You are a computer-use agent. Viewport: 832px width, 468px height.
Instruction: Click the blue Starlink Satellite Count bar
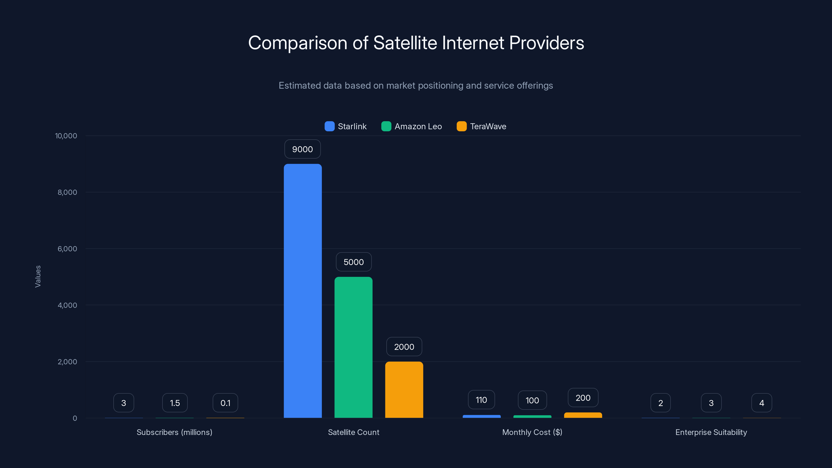tap(303, 291)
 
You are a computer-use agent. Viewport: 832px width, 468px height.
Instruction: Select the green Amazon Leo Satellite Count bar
tap(353, 347)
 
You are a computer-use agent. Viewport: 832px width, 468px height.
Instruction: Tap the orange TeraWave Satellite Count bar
tap(404, 389)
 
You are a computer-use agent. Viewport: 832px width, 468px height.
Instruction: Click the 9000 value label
tap(302, 149)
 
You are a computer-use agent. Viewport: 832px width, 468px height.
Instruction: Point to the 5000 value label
tap(354, 262)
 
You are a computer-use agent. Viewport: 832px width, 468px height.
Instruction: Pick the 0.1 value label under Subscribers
tap(225, 403)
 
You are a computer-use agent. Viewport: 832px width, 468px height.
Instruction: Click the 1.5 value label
tap(175, 403)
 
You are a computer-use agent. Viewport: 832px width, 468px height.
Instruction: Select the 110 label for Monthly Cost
tap(481, 400)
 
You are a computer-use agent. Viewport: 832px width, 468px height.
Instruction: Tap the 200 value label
tap(583, 398)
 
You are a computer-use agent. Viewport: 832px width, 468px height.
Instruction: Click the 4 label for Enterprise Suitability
tap(762, 403)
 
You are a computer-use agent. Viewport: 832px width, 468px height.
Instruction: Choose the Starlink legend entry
tap(346, 126)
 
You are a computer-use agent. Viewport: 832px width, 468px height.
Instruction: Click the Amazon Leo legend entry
tap(412, 126)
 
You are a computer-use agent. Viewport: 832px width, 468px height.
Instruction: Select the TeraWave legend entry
tap(482, 126)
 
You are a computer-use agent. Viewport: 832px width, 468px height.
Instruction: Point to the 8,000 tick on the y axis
tap(67, 192)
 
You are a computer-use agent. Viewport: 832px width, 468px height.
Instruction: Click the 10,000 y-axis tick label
tap(66, 136)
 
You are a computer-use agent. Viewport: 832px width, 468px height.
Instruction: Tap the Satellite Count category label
tap(354, 432)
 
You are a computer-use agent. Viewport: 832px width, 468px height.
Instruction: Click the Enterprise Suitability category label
tap(711, 432)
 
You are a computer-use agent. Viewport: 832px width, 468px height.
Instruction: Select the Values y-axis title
tap(38, 276)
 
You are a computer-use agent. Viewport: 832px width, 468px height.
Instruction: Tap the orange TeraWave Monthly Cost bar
tap(583, 415)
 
